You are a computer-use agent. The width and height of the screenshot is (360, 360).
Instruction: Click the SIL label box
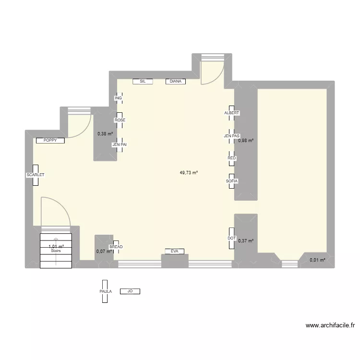(143, 82)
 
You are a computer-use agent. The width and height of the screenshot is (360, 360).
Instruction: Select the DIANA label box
(176, 82)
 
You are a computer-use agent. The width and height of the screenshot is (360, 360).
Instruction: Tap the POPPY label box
(50, 141)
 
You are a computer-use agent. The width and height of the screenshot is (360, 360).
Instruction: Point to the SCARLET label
(36, 175)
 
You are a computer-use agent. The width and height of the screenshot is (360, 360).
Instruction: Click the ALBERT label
(231, 113)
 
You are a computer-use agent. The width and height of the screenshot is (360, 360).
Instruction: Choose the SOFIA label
(232, 181)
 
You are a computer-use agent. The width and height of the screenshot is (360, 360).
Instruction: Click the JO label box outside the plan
(130, 291)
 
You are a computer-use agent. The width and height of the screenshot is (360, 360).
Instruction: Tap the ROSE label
(120, 120)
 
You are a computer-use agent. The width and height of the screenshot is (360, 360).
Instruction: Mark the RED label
(232, 158)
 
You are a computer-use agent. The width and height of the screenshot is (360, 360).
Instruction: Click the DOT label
(231, 238)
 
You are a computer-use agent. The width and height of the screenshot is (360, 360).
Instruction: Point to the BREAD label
(116, 247)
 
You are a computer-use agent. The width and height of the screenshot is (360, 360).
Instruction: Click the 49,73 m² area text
(189, 173)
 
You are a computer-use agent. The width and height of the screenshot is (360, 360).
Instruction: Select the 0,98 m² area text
(246, 140)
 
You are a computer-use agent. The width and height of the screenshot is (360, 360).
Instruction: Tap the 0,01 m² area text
(317, 260)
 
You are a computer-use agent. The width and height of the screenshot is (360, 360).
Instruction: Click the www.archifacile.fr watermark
(330, 325)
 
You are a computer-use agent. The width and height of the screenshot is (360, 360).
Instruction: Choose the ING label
(118, 98)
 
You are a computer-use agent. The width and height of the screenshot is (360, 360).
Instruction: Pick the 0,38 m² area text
(105, 134)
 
